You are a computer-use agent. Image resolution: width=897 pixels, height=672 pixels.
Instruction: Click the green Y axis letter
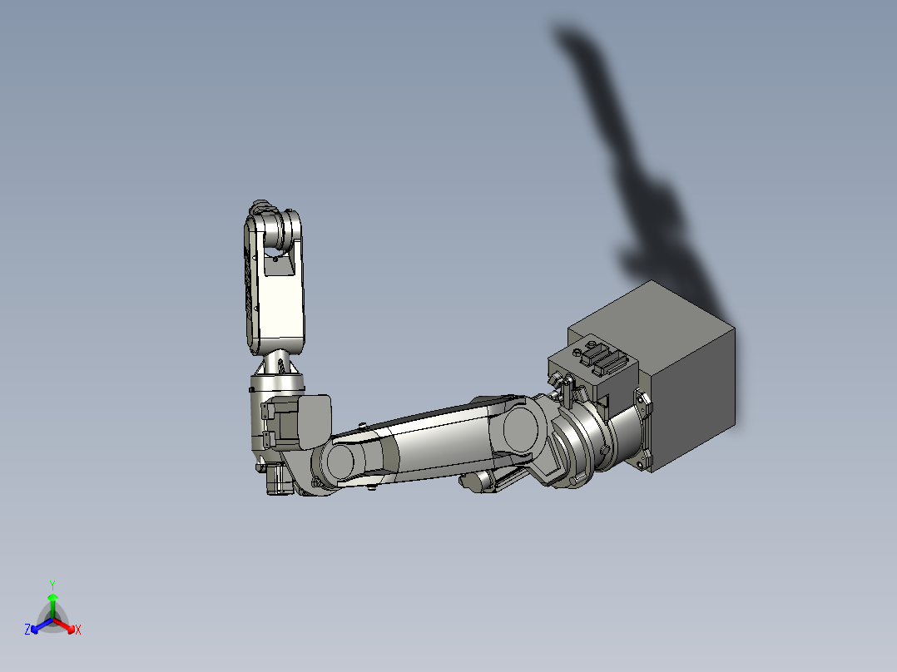(52, 585)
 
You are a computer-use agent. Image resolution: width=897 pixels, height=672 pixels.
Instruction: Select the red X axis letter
(78, 630)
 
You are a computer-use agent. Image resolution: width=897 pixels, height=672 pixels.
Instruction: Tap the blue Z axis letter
(27, 630)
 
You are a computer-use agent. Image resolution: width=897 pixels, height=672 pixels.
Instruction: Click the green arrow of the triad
(52, 603)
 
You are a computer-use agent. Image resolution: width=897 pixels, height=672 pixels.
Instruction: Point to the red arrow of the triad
(66, 625)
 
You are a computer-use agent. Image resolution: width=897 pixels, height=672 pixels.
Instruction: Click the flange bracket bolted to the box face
(642, 432)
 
